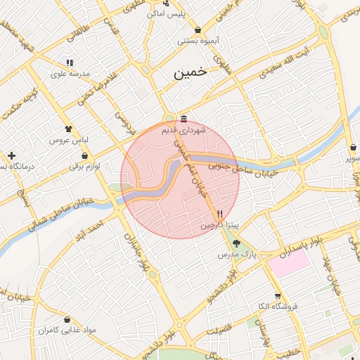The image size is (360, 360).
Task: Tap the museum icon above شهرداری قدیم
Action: (184, 117)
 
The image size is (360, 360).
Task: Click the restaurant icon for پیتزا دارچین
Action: (219, 214)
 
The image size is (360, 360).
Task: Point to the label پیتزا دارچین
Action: (219, 226)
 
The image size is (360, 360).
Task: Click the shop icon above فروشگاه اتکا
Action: (278, 295)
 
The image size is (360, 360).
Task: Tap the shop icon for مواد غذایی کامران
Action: (67, 319)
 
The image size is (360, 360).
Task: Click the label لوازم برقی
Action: (85, 166)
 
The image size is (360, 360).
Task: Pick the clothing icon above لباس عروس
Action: (68, 129)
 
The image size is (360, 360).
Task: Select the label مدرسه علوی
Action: (69, 72)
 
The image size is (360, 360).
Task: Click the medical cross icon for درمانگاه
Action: (11, 155)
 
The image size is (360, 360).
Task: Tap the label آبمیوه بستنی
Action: (198, 41)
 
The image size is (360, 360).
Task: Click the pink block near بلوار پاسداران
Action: (288, 264)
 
